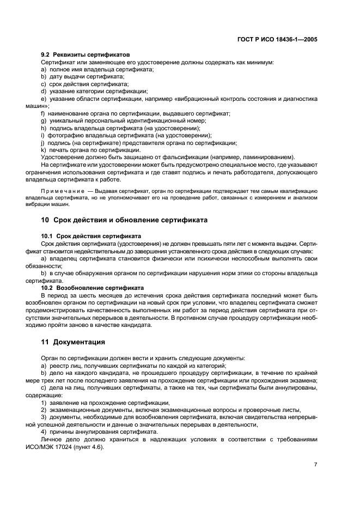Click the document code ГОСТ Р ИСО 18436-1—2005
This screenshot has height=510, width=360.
click(x=278, y=39)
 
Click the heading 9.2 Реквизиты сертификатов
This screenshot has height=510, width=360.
click(x=86, y=55)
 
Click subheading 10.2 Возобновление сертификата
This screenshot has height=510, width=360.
click(x=92, y=287)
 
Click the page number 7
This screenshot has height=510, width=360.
click(x=315, y=464)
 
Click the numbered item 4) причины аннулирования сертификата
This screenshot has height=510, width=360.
click(x=99, y=431)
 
